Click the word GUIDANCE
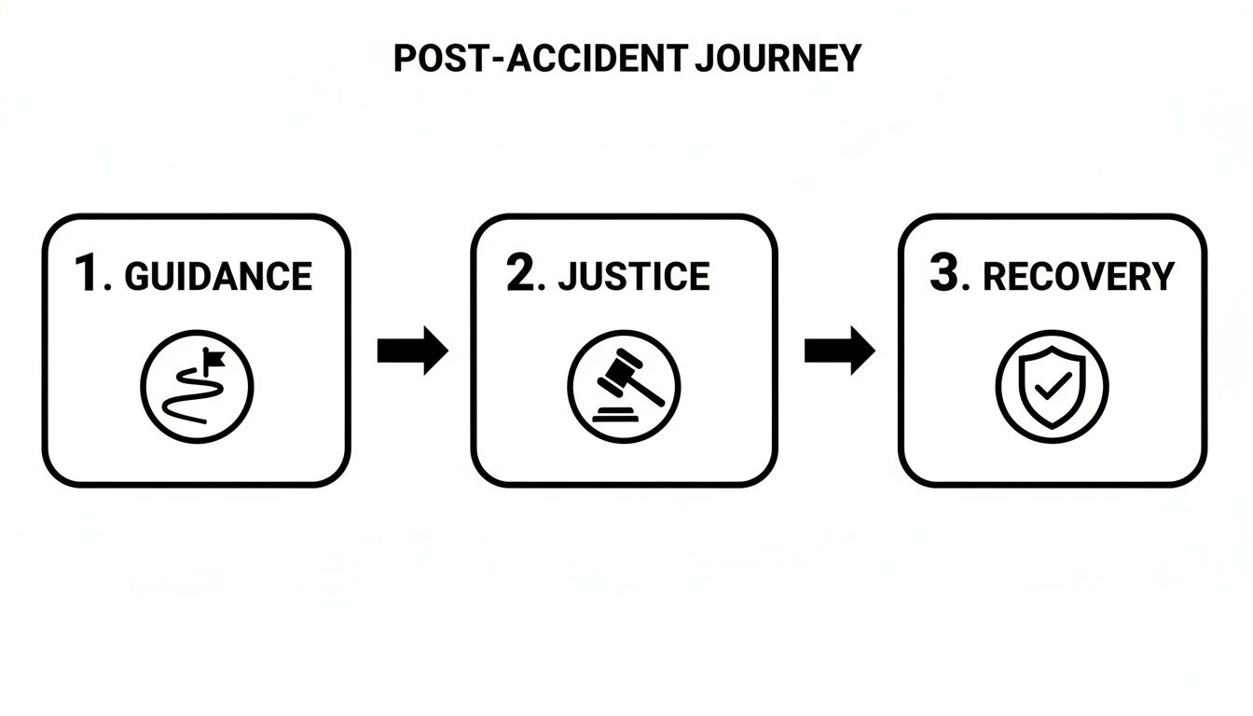pos(217,277)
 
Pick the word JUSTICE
pos(634,277)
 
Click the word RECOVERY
pos(1079,277)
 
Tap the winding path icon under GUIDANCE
pos(197,386)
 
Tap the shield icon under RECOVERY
pos(1052,386)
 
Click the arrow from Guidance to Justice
pos(412,351)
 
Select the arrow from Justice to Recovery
pos(839,351)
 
